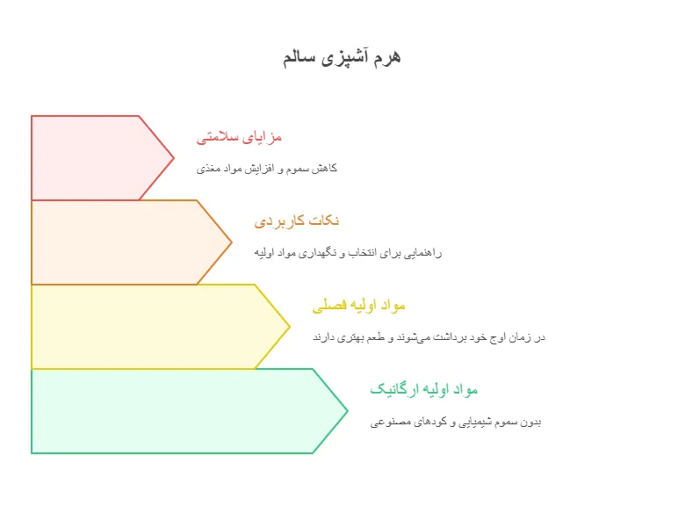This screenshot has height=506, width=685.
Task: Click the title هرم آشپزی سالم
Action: pos(342,58)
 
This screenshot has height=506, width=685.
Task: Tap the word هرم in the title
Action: pos(387,58)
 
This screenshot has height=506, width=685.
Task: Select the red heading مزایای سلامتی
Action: pos(239,137)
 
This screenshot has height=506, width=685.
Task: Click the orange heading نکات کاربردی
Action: pos(297,220)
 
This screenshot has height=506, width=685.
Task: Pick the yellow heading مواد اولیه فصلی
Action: pos(358,305)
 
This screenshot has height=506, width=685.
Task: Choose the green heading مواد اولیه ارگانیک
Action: pos(424,389)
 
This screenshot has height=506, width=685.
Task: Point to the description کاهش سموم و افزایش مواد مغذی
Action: pos(266,169)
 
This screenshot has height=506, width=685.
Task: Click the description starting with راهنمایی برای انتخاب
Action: pos(348,253)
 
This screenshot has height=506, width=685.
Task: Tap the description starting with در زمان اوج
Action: pos(429,337)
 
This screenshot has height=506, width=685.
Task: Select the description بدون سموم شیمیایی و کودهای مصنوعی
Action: pos(456,422)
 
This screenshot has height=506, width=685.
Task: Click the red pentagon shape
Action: pos(103,158)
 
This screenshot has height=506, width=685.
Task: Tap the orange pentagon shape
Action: pos(131,242)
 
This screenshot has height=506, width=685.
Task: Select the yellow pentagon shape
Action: pos(161,327)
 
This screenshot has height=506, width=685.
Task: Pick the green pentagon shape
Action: pos(189,411)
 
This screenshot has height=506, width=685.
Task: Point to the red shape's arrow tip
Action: pos(174,158)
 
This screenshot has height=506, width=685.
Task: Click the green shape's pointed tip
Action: pos(348,411)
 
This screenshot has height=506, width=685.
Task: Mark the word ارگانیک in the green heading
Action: pos(391,389)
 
